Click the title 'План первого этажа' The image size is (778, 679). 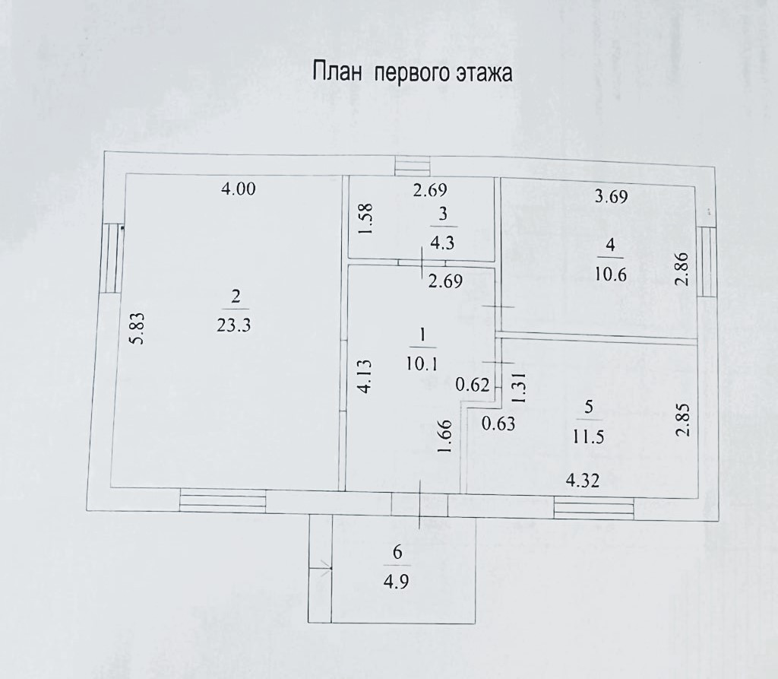413,74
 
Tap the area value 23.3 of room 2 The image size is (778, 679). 234,325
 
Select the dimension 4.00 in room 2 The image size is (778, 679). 238,190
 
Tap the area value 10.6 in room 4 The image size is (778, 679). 612,274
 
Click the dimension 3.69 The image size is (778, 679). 612,197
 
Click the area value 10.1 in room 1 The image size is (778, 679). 422,363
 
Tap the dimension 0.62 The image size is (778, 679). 472,385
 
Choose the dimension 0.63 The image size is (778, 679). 498,423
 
